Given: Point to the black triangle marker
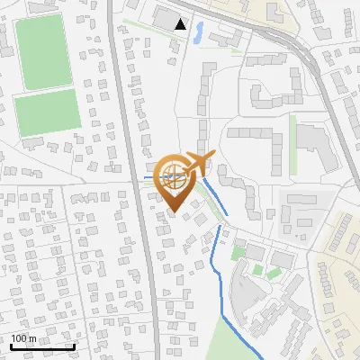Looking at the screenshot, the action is (181, 24).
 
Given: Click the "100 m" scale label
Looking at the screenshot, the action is (24, 338).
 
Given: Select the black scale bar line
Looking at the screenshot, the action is (42, 346).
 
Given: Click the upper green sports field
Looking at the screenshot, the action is (44, 52).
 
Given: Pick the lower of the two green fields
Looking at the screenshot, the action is (46, 113).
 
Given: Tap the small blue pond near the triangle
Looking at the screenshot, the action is (199, 31).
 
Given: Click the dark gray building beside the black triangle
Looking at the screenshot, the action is (165, 17).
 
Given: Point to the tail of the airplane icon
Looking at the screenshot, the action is (211, 157).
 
